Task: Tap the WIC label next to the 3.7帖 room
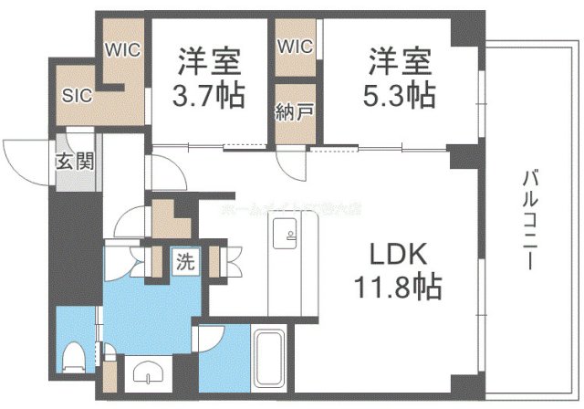122,51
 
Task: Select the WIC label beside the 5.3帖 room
295,46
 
